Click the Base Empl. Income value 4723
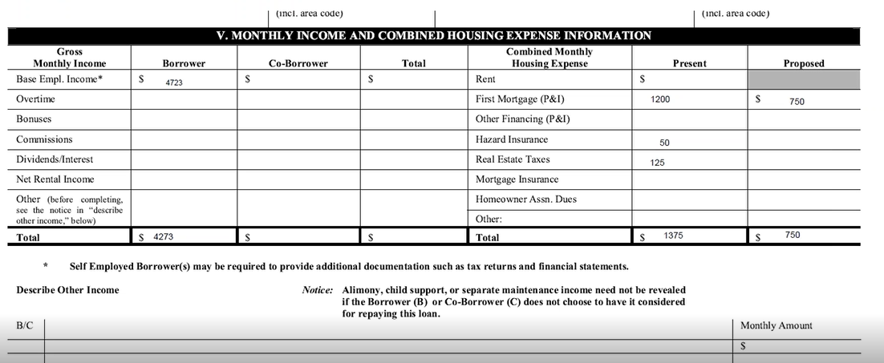point(174,83)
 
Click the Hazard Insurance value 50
point(664,143)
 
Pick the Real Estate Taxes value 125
point(658,163)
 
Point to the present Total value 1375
point(673,236)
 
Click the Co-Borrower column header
point(298,63)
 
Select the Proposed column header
point(804,63)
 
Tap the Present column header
point(689,63)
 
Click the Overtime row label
point(35,99)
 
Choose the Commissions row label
point(44,139)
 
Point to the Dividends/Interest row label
point(55,159)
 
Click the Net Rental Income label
point(55,179)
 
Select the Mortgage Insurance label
point(517,179)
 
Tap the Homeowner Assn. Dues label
point(526,200)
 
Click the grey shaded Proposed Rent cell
point(804,79)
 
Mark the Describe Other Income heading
point(67,290)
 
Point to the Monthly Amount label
point(776,325)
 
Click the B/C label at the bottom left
point(25,326)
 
